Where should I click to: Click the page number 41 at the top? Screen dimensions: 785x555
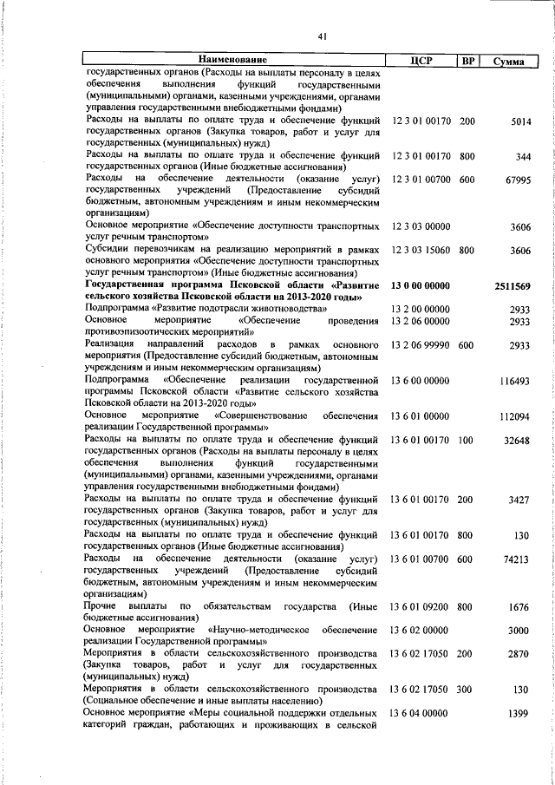(321, 36)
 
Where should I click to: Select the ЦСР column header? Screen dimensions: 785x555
(421, 60)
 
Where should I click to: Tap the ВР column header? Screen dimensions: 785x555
(467, 60)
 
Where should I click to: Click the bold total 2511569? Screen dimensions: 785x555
(513, 285)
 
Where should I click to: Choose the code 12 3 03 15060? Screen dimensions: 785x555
(421, 250)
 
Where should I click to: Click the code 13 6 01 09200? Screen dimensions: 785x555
(421, 605)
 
